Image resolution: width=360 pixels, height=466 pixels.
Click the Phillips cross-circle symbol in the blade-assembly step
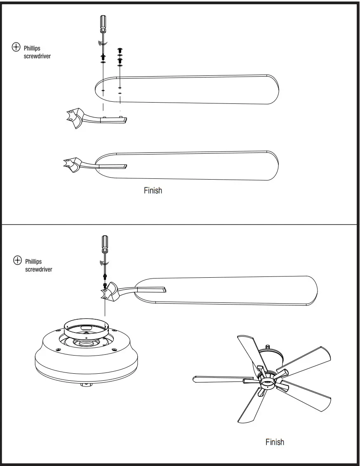16,47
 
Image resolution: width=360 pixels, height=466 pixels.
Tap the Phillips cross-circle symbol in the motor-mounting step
17,260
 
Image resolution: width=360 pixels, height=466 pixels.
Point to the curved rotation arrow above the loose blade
104,43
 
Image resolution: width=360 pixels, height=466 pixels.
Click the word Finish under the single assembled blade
153,190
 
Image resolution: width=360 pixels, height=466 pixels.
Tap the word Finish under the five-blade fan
275,442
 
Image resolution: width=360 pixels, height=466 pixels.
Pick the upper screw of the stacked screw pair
120,50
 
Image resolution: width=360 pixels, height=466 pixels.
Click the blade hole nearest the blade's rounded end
103,89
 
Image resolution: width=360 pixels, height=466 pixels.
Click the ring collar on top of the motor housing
86,328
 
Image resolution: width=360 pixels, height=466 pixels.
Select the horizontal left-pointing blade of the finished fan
219,378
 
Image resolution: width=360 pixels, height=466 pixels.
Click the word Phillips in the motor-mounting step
33,262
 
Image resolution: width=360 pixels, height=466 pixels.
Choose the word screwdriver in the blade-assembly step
37,56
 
